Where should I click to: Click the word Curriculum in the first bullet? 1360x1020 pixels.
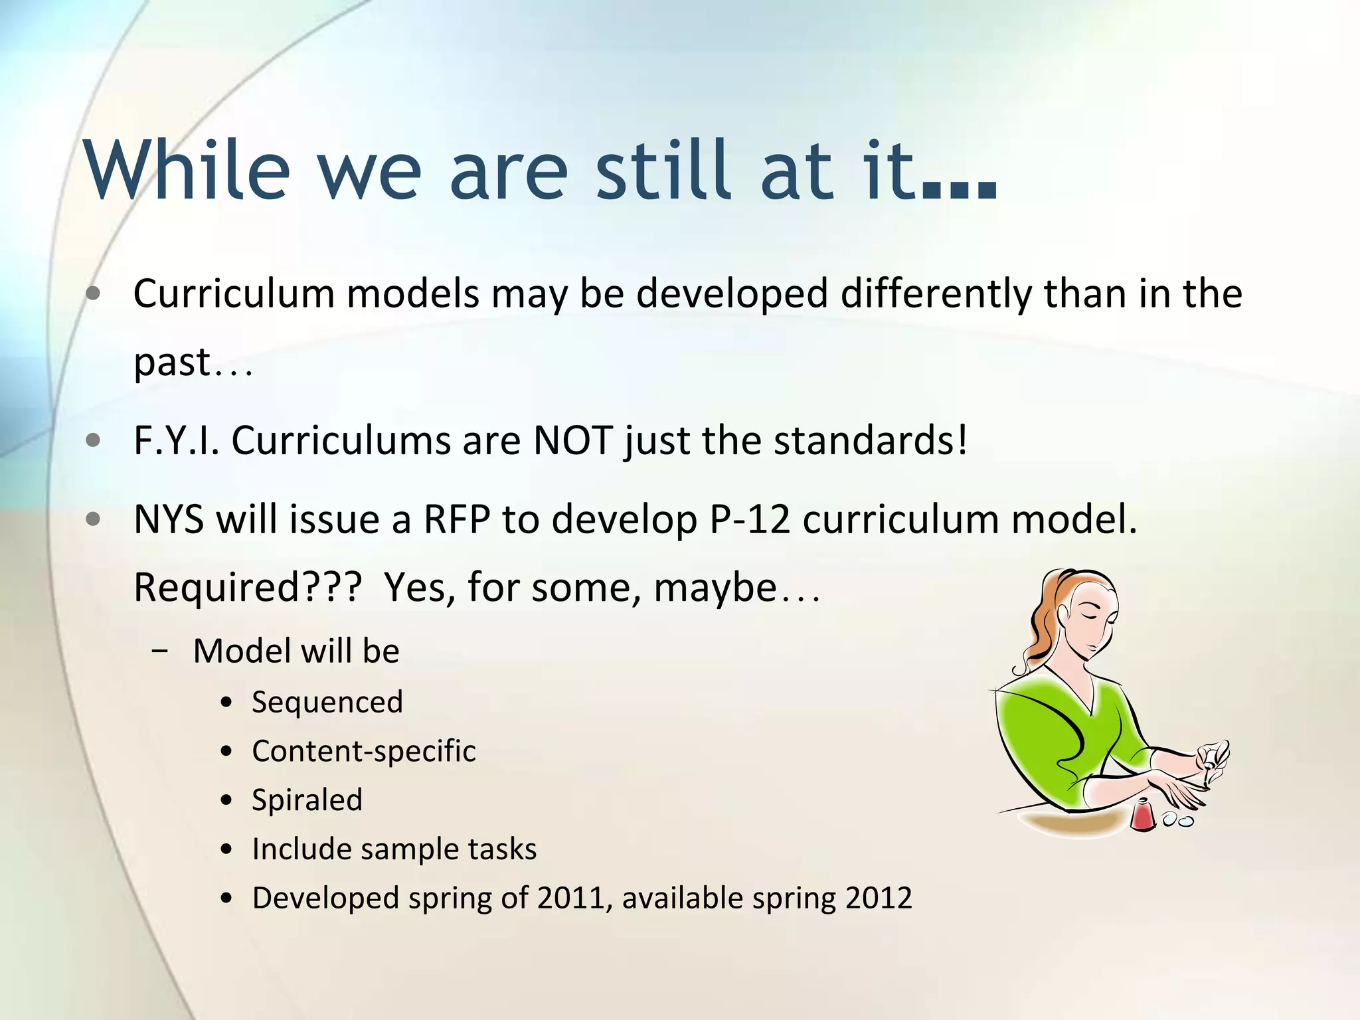pyautogui.click(x=234, y=294)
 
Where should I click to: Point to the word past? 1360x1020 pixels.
pyautogui.click(x=172, y=363)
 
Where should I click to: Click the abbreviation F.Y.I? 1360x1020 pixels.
pyautogui.click(x=177, y=440)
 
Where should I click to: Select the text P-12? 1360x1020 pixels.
pyautogui.click(x=750, y=519)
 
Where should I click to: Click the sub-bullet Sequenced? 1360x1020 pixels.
pyautogui.click(x=327, y=702)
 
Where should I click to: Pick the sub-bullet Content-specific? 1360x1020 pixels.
pyautogui.click(x=364, y=751)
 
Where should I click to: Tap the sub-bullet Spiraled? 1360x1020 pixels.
pyautogui.click(x=307, y=800)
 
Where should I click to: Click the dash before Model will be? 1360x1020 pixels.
pyautogui.click(x=159, y=651)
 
